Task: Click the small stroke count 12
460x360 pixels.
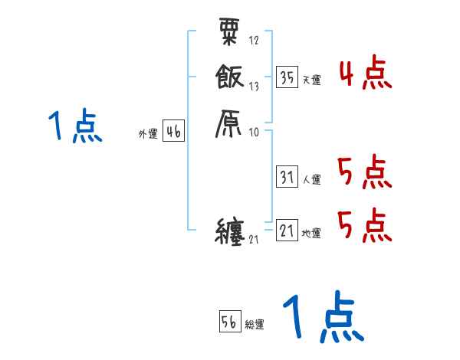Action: (x=254, y=41)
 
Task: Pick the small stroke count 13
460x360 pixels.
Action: (x=254, y=86)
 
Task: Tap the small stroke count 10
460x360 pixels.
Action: (x=254, y=133)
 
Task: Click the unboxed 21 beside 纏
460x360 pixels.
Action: (x=255, y=241)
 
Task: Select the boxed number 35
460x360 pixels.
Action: (x=287, y=78)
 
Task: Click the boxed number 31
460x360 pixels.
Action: (x=287, y=178)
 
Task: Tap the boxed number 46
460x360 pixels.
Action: (x=173, y=133)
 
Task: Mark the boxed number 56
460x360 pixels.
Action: (x=229, y=322)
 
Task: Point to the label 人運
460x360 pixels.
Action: (x=311, y=180)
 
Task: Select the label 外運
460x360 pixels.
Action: (x=148, y=134)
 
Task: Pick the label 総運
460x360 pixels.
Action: (x=255, y=325)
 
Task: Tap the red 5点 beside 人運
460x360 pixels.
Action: (x=364, y=172)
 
